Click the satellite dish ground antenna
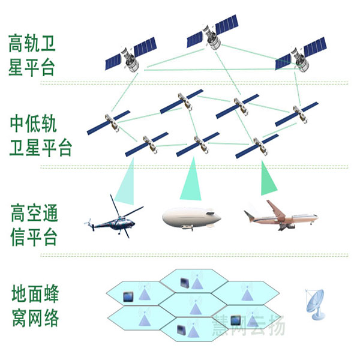tap(315, 304)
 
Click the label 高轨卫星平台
tap(32, 55)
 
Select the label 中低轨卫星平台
tap(40, 136)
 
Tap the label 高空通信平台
tap(34, 225)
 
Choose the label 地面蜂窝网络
tap(35, 305)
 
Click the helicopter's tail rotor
tap(89, 224)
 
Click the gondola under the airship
tap(187, 227)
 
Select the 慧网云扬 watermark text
tap(248, 325)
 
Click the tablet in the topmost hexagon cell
tap(185, 283)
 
